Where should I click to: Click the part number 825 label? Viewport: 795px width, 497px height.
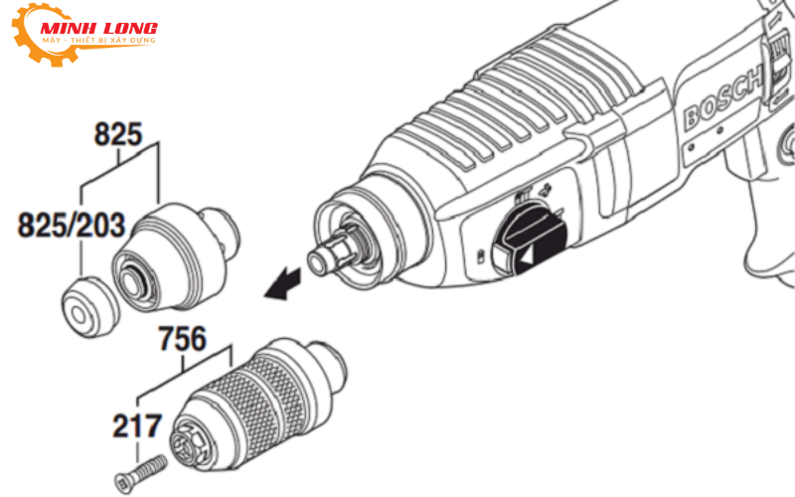coord(120,133)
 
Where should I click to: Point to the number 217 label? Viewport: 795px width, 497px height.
coord(136,427)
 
